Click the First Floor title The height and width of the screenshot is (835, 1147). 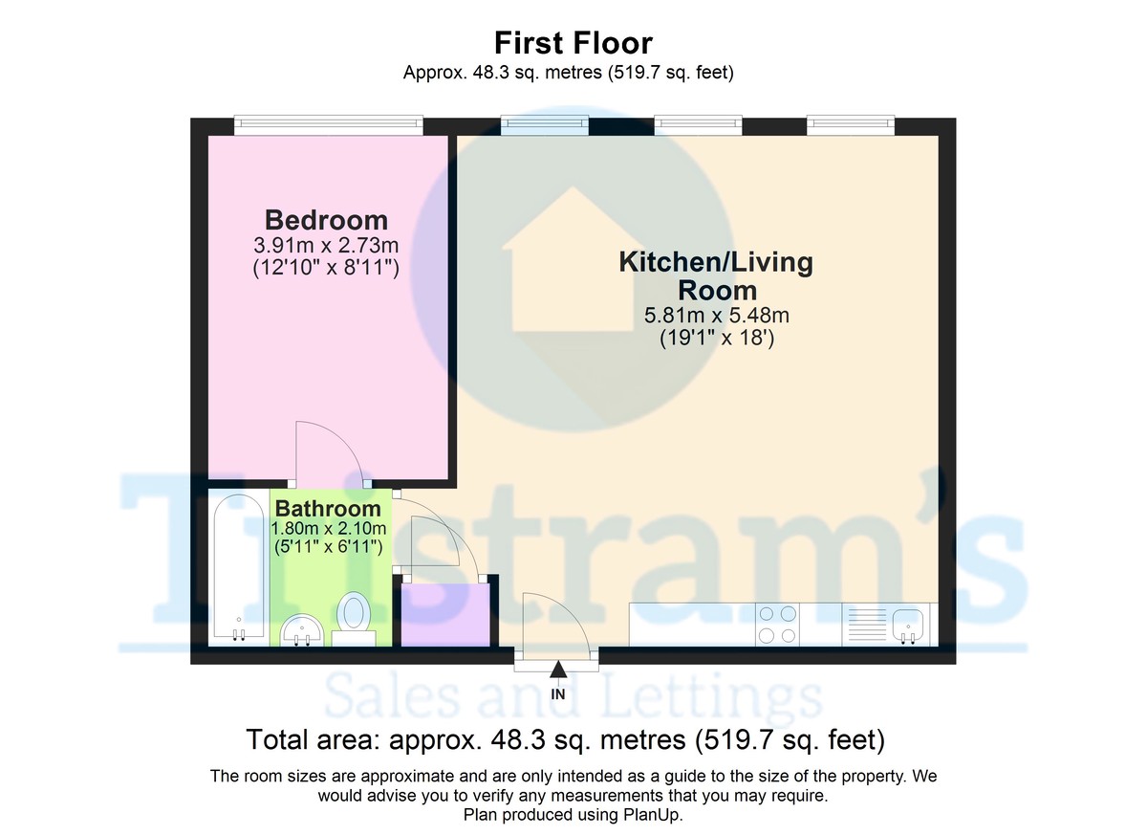(x=573, y=43)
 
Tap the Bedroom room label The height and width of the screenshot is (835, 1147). (x=326, y=220)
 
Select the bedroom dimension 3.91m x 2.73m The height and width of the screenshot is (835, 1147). (x=326, y=246)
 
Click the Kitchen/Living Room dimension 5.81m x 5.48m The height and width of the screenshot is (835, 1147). (x=716, y=315)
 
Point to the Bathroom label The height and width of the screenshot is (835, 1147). (x=328, y=509)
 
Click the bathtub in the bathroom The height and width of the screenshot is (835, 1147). (x=239, y=567)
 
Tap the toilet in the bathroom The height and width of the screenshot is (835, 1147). (x=354, y=619)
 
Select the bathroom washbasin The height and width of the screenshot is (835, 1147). (x=302, y=629)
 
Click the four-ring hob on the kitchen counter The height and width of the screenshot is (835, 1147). (x=777, y=625)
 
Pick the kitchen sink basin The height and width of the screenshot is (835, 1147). (x=908, y=625)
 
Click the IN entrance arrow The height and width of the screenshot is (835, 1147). (x=558, y=670)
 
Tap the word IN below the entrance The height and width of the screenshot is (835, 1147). (x=558, y=694)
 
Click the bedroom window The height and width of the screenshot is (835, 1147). (x=329, y=125)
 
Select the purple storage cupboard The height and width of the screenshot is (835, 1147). (x=445, y=614)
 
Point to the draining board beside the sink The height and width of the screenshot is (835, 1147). (x=867, y=625)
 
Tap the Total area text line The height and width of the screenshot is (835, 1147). (x=566, y=739)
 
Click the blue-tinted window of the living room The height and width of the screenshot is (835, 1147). (x=544, y=125)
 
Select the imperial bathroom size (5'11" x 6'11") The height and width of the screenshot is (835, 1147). (x=328, y=546)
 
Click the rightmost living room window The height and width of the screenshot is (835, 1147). (x=851, y=125)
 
